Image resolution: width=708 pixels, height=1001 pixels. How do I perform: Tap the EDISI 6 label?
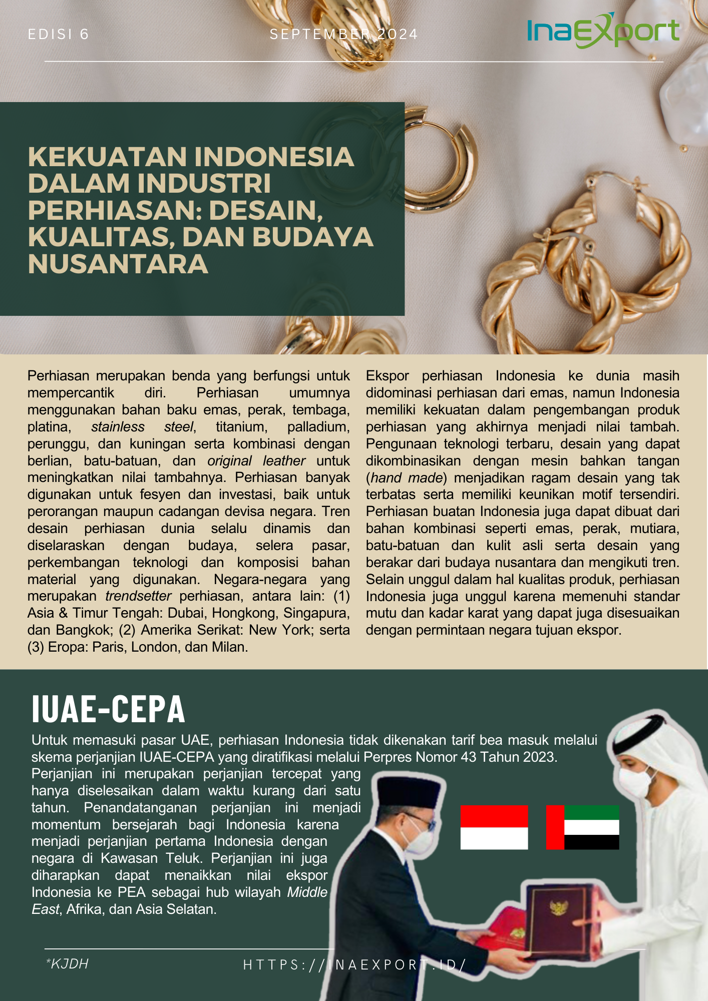59,35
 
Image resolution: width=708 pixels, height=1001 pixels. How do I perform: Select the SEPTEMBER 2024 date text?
343,35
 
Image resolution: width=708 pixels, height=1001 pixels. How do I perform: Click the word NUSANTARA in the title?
118,264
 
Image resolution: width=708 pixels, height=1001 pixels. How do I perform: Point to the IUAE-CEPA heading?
108,709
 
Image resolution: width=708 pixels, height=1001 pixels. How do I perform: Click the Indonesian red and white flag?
494,827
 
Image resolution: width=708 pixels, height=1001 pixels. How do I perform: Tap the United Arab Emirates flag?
582,827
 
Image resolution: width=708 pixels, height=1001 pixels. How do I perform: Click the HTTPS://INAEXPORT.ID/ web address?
355,964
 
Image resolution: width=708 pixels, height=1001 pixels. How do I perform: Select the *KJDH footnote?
67,963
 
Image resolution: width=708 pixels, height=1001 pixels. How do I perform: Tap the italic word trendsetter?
138,596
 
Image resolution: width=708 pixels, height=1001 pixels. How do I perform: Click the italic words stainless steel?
142,427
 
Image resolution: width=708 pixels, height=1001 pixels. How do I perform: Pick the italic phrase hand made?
407,478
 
